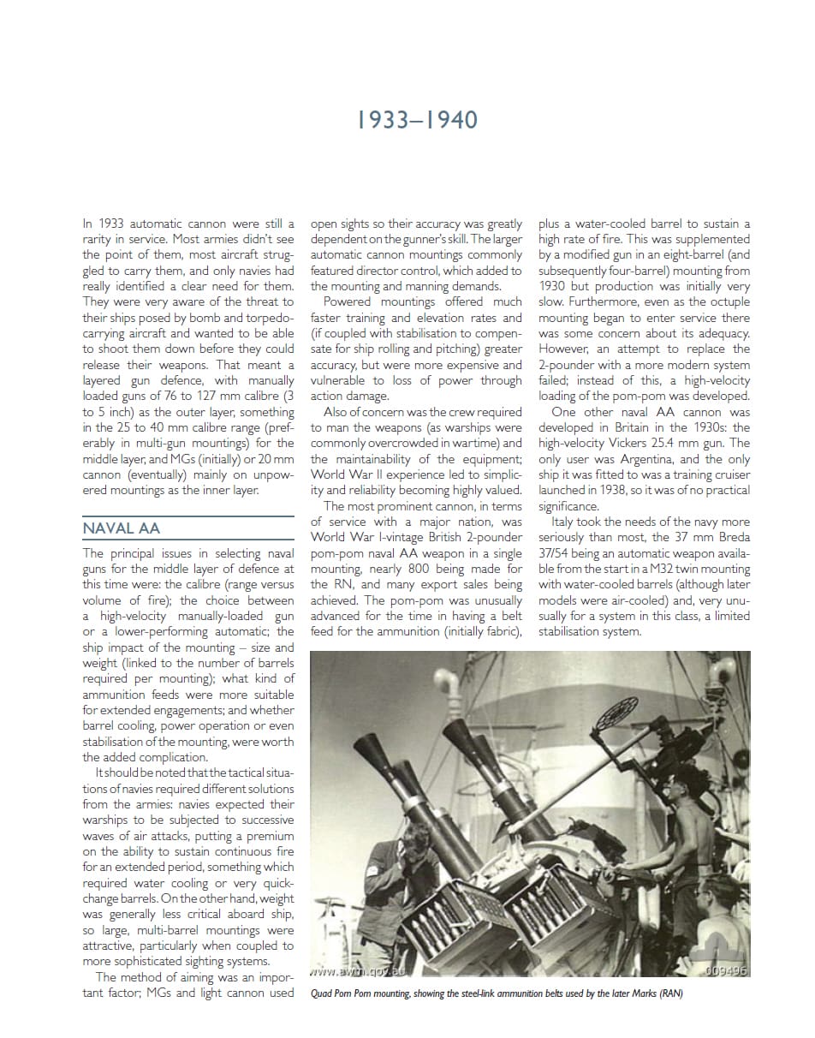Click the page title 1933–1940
[417, 119]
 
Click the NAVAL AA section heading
[121, 528]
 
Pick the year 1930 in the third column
[552, 286]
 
